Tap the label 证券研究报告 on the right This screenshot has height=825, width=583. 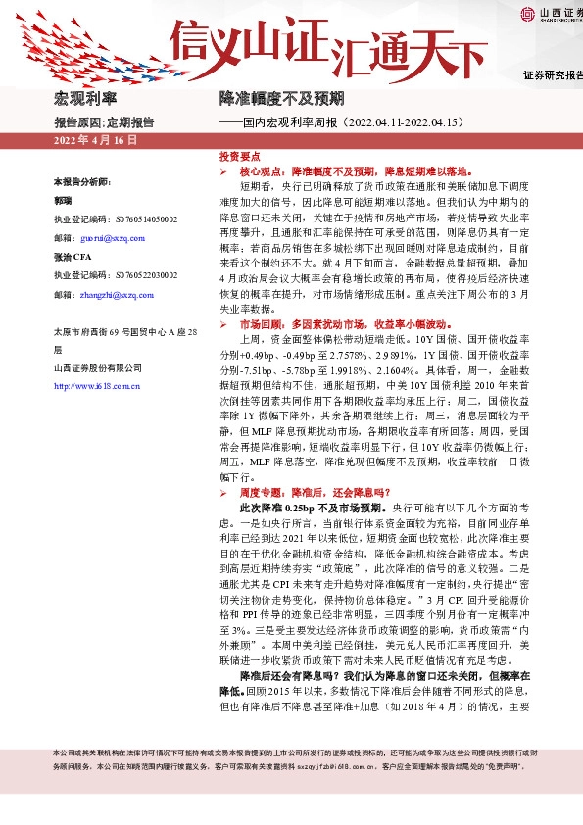[x=552, y=75]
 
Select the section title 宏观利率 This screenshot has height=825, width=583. [x=84, y=100]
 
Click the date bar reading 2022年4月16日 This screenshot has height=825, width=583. [x=95, y=141]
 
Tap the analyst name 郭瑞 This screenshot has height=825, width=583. [x=63, y=200]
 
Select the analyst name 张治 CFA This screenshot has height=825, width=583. [x=72, y=257]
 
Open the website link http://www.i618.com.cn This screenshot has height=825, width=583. [x=98, y=386]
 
